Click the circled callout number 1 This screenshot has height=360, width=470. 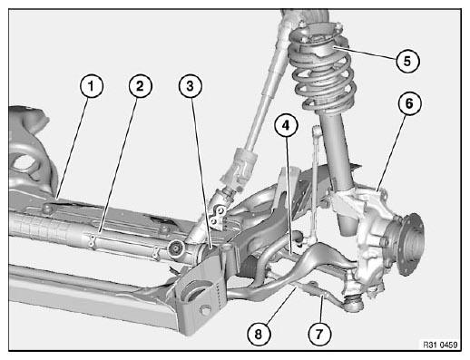[x=92, y=86]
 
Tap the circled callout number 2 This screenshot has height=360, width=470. [x=141, y=86]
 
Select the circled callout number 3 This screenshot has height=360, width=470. [x=191, y=86]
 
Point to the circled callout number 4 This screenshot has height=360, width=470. [x=286, y=125]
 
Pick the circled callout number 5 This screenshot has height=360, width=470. [x=407, y=61]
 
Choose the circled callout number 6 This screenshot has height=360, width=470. [x=409, y=103]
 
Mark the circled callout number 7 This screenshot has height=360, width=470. [x=319, y=334]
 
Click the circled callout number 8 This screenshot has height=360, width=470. [x=259, y=334]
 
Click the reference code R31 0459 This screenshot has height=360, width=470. [x=440, y=345]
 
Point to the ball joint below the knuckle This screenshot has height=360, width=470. [x=353, y=303]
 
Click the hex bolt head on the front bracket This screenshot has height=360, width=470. [x=205, y=311]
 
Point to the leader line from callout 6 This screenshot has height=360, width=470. [x=392, y=152]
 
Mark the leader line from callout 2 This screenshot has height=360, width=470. [x=117, y=166]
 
